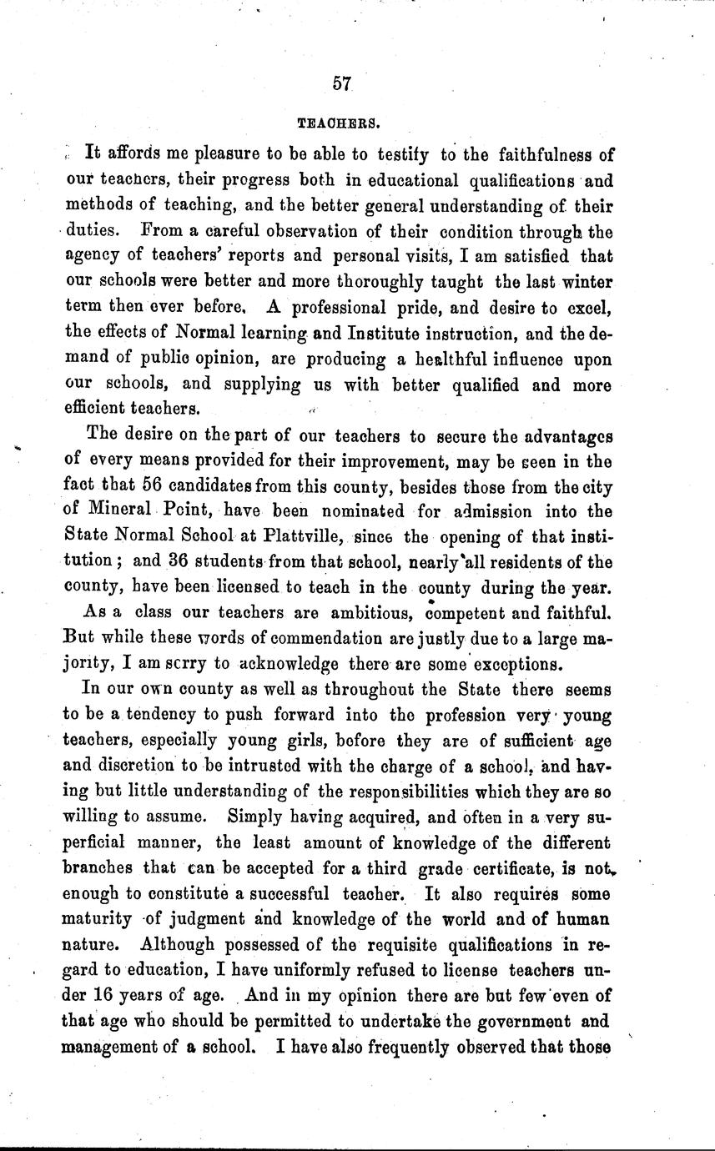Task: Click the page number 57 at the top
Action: (341, 83)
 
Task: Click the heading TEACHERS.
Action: (340, 123)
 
